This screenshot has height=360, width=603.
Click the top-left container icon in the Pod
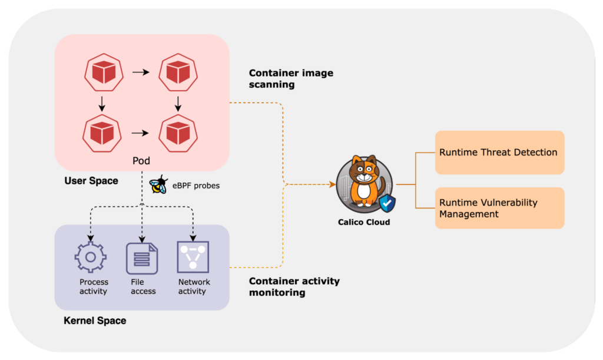point(102,72)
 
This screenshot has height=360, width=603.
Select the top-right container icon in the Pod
point(177,72)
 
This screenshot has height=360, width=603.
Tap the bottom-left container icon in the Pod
point(102,133)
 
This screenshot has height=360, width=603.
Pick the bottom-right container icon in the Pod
point(177,133)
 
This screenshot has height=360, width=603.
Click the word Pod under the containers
point(141,161)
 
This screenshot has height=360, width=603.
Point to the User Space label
point(91,181)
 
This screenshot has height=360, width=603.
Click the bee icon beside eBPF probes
point(158,185)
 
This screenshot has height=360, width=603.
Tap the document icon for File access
point(142,257)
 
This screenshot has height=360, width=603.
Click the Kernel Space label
point(94,321)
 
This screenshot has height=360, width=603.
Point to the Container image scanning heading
point(291,78)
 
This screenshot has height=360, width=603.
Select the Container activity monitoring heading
point(294,286)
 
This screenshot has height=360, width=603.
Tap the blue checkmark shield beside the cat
point(387,204)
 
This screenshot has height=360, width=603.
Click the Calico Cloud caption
point(364,222)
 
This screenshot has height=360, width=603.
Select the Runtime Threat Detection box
point(499,152)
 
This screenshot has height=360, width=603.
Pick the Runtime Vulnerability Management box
point(499,208)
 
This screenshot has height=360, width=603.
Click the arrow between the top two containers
point(140,72)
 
